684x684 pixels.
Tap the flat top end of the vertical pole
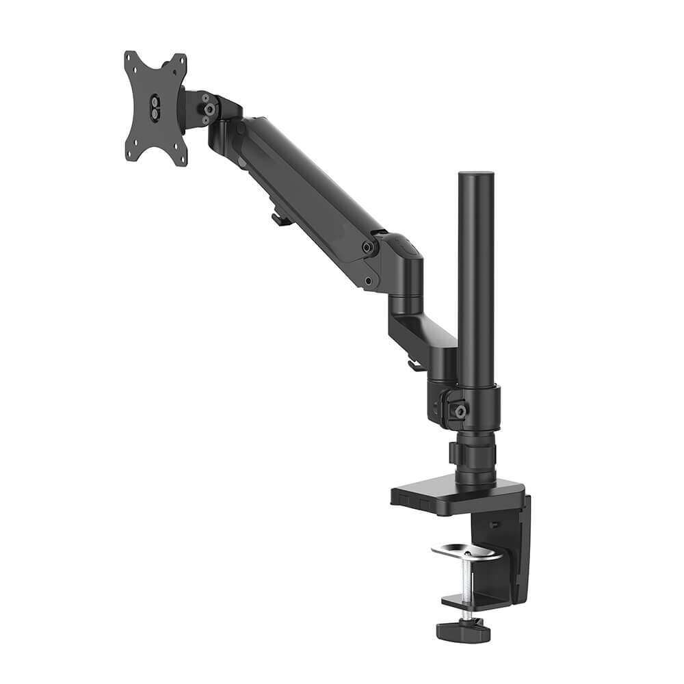476,174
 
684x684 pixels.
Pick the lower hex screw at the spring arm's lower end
369,280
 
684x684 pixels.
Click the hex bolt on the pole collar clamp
461,410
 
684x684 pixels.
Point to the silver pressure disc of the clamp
466,551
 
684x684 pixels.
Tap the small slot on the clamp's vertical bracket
494,525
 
